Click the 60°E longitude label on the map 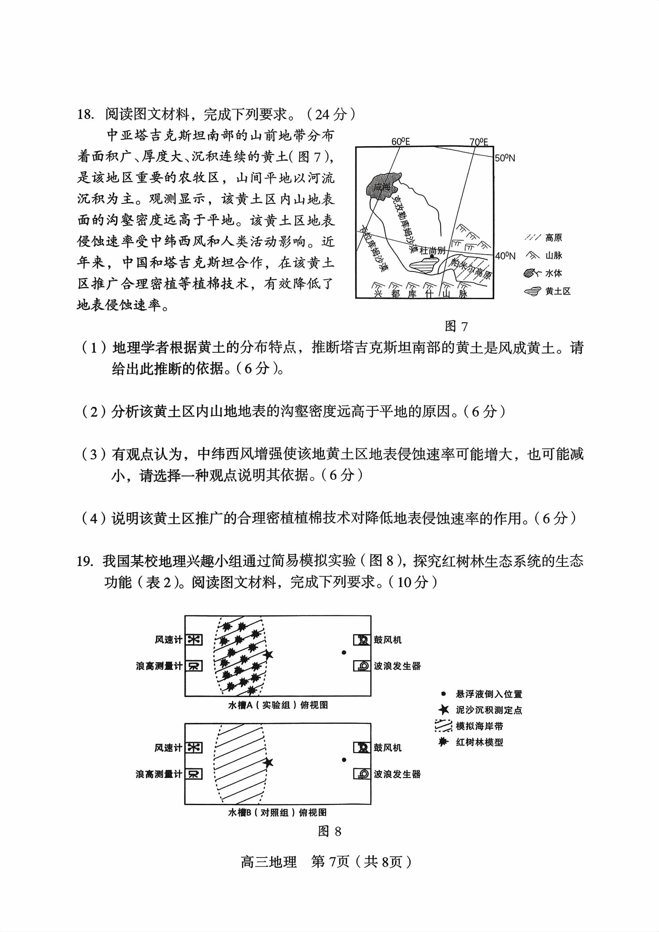pyautogui.click(x=401, y=141)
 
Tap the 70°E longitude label pyautogui.click(x=479, y=142)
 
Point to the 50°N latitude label pyautogui.click(x=505, y=158)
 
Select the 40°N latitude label pyautogui.click(x=505, y=256)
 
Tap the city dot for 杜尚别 pyautogui.click(x=432, y=256)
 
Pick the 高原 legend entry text pyautogui.click(x=553, y=238)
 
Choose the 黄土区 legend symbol pyautogui.click(x=532, y=291)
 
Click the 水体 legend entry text pyautogui.click(x=553, y=273)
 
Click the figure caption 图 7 pyautogui.click(x=456, y=326)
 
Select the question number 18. pyautogui.click(x=86, y=114)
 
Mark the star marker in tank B pyautogui.click(x=268, y=763)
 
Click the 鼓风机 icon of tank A pyautogui.click(x=361, y=640)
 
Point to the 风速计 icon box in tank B pyautogui.click(x=194, y=747)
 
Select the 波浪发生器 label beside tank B pyautogui.click(x=397, y=774)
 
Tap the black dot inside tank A pyautogui.click(x=344, y=653)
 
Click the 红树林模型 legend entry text pyautogui.click(x=479, y=742)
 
